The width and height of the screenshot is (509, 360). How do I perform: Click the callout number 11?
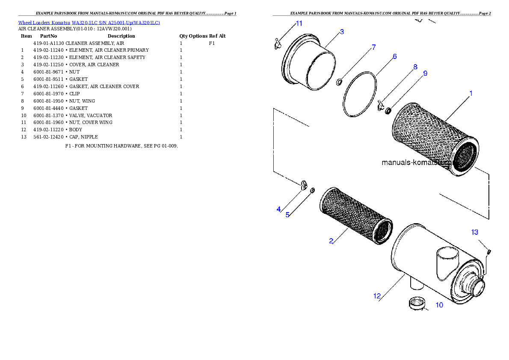(x=299, y=24)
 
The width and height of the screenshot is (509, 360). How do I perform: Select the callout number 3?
(x=342, y=32)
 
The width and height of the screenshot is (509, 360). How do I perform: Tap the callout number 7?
(x=373, y=47)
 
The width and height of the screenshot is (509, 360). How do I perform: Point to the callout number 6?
(x=394, y=56)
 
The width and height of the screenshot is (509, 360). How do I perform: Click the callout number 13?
(x=475, y=232)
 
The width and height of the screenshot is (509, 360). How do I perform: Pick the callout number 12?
(x=377, y=296)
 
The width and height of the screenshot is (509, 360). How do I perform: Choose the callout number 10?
(x=439, y=305)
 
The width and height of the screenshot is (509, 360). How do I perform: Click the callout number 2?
(x=331, y=241)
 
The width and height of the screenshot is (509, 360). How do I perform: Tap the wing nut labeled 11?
(x=278, y=43)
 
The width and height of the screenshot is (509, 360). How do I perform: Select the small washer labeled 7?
(x=338, y=81)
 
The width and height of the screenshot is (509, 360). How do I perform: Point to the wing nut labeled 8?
(x=380, y=104)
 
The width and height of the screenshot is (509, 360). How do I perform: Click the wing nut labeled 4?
(x=304, y=184)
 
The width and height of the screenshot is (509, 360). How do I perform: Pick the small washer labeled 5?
(x=313, y=189)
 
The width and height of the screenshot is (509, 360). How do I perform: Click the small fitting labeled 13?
(x=489, y=251)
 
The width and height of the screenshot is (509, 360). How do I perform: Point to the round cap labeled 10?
(x=417, y=303)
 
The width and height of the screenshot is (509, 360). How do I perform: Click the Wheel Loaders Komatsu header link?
(x=89, y=23)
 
